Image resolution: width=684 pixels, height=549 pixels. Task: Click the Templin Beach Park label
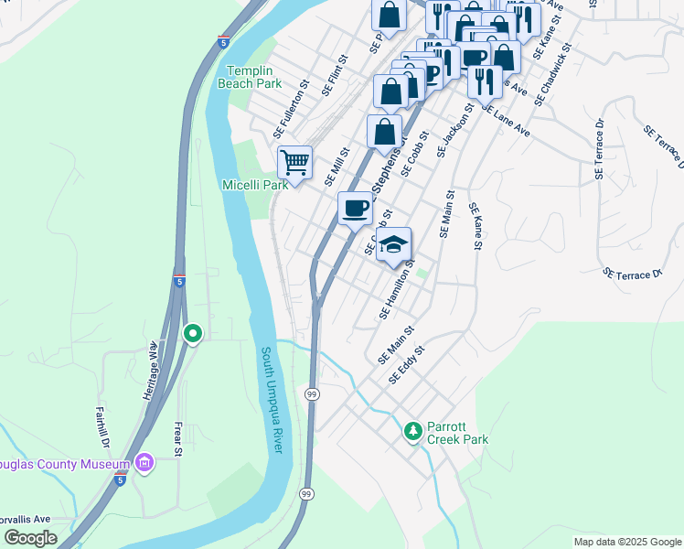click(x=250, y=76)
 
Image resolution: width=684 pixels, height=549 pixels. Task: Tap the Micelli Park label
click(x=255, y=184)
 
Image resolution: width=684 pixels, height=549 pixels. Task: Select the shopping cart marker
click(x=294, y=163)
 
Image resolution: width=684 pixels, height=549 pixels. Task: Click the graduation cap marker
click(x=394, y=244)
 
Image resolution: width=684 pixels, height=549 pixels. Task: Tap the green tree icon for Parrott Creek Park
click(x=413, y=430)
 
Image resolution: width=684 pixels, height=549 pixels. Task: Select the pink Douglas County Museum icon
click(x=144, y=464)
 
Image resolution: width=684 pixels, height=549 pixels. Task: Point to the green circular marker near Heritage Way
click(x=192, y=334)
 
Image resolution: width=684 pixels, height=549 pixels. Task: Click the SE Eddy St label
click(x=407, y=364)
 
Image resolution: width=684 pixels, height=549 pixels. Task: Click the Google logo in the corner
click(x=30, y=538)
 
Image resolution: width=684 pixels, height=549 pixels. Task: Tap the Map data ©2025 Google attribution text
click(x=626, y=542)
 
